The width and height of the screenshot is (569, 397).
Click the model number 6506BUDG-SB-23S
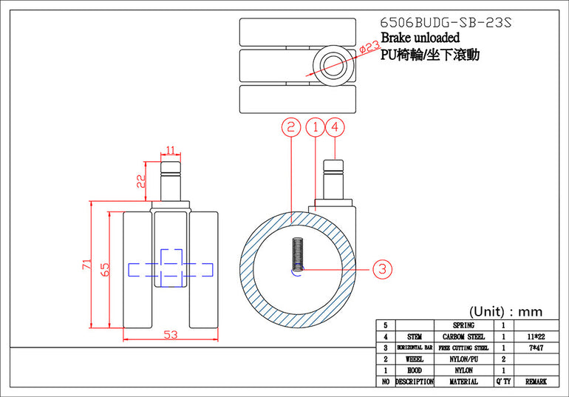(446, 22)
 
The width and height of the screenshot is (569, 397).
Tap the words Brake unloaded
(420, 38)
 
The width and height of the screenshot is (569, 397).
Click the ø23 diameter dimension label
(369, 47)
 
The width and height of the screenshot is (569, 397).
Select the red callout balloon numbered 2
(291, 127)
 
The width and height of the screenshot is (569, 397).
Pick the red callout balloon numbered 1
(316, 127)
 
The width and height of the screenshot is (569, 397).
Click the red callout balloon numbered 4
(335, 127)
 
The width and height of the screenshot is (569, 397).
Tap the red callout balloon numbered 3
(383, 269)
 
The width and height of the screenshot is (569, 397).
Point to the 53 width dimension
(171, 335)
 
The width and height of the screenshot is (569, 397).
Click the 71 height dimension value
(86, 264)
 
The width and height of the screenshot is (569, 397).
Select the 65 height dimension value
(104, 269)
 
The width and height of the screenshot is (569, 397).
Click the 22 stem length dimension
(141, 181)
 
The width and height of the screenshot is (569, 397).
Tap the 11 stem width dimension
(170, 150)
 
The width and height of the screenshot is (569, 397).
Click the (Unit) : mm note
(506, 311)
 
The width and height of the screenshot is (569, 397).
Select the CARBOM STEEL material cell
(463, 337)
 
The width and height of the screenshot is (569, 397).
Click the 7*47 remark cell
(536, 348)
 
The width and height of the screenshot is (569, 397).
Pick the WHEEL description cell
(415, 359)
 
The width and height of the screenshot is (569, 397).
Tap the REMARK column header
(536, 381)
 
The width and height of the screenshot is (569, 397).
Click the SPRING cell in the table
(463, 325)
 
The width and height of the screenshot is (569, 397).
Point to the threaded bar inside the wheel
(298, 254)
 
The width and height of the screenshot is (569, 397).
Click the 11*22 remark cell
(536, 337)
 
